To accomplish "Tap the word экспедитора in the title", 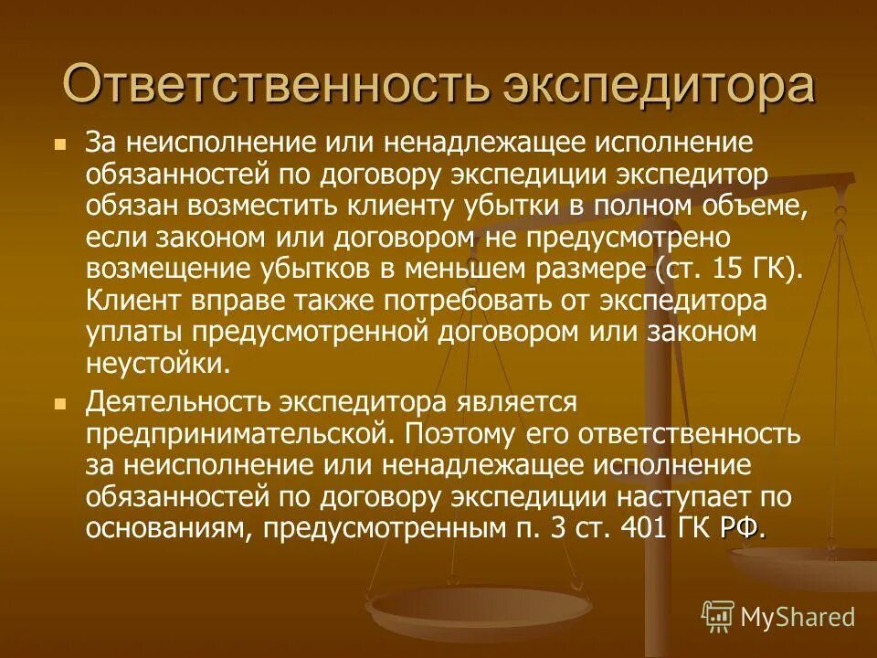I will (657, 85).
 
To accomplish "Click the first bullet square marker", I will (60, 144).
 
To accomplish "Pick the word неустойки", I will (153, 365).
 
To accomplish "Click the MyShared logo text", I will (798, 616).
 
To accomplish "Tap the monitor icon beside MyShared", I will (718, 616).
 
